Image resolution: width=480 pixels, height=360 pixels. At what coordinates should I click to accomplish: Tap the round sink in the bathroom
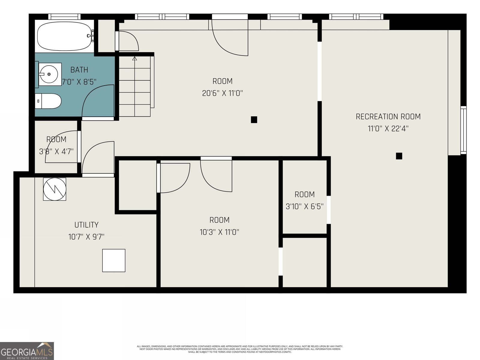tap(49, 74)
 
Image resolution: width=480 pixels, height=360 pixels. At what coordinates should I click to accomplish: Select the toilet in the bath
tap(49, 101)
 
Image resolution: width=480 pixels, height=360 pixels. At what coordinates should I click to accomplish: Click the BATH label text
tap(79, 70)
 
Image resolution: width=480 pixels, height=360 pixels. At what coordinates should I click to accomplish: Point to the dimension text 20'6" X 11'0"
tap(222, 93)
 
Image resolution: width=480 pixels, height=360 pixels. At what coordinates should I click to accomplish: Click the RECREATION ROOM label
tap(388, 116)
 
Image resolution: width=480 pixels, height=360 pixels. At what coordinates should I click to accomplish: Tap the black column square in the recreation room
tap(399, 156)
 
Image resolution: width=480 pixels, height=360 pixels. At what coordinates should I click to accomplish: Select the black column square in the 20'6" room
tap(254, 120)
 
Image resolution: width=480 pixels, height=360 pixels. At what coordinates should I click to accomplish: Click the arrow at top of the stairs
tap(135, 59)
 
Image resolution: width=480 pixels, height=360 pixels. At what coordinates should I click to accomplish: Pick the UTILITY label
tap(86, 225)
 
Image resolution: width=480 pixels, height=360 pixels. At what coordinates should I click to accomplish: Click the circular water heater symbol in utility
tap(55, 189)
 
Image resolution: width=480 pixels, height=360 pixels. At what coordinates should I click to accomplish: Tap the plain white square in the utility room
tap(114, 260)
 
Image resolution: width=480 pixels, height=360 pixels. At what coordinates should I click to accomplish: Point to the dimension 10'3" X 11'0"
tap(219, 232)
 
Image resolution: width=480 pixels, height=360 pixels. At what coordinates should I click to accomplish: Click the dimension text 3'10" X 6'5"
tap(304, 206)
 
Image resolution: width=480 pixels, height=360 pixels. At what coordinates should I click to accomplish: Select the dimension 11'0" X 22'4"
tap(388, 129)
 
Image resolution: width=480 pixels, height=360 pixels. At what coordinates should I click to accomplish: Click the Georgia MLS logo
tap(27, 351)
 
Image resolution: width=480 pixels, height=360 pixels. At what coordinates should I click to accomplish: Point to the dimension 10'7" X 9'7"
tap(86, 237)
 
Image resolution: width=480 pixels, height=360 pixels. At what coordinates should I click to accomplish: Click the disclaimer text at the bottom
tap(240, 349)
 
